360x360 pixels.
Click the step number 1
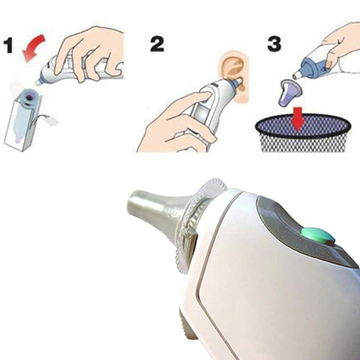(12, 46)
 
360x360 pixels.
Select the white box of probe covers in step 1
(22, 121)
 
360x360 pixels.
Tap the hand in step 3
(340, 43)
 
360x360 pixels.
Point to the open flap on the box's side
(49, 119)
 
